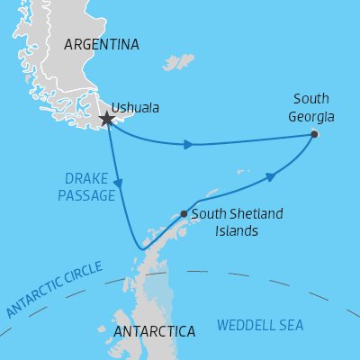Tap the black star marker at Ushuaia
tap(107, 119)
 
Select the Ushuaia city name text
tap(139, 107)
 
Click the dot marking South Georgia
tap(314, 134)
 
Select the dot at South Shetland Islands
tap(184, 214)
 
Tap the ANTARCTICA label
tap(155, 331)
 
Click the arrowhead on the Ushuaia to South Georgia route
tap(187, 144)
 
